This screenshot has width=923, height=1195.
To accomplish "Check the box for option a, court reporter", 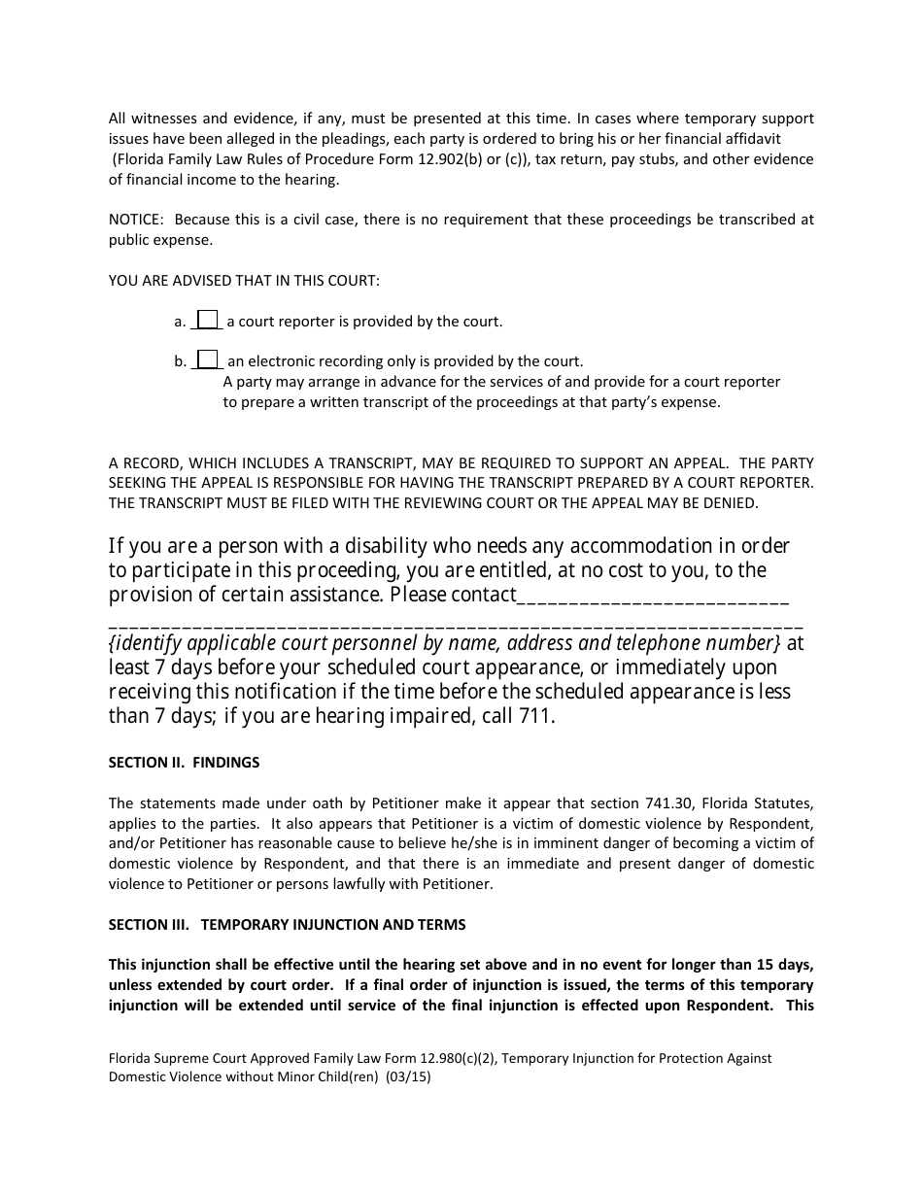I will tap(207, 320).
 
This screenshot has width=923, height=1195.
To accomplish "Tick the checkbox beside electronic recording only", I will tap(207, 359).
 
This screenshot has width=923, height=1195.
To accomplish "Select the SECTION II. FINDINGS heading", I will tap(184, 763).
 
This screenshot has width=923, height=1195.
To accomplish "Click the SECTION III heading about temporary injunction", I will tap(287, 925).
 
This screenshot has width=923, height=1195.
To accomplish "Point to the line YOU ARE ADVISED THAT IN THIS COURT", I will tap(244, 281).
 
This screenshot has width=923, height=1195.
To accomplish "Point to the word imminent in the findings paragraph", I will tap(598, 843).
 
